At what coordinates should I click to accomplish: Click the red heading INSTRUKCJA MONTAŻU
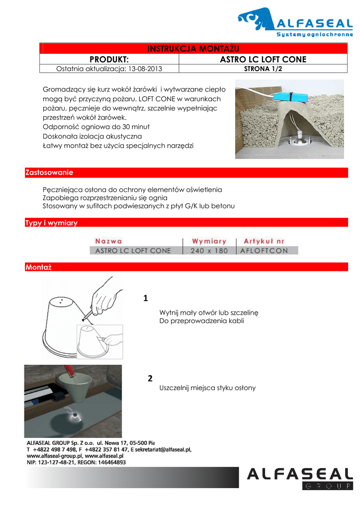coord(194,48)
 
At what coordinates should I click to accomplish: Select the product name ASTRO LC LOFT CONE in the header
coord(263,60)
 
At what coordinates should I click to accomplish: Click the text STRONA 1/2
coord(263,69)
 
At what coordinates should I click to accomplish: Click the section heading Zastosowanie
coord(49,172)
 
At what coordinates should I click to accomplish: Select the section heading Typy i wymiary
coord(51,223)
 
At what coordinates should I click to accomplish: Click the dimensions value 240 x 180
coord(209,251)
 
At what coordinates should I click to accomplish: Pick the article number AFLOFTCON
coord(264,251)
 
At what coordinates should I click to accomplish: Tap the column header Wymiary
coord(209,241)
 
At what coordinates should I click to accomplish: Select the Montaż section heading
coord(38,267)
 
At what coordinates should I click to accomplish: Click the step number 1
coord(146,299)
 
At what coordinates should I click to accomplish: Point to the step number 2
coord(150,379)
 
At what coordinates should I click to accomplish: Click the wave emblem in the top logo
coord(255,20)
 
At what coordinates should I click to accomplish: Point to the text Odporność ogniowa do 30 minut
coord(96,127)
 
